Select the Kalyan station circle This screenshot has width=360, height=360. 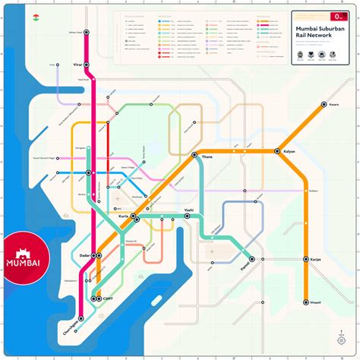(278, 151)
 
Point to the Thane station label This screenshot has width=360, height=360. (206, 158)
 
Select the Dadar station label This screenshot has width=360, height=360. (84, 256)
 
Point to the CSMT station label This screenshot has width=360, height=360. (108, 299)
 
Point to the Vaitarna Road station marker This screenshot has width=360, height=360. (87, 33)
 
